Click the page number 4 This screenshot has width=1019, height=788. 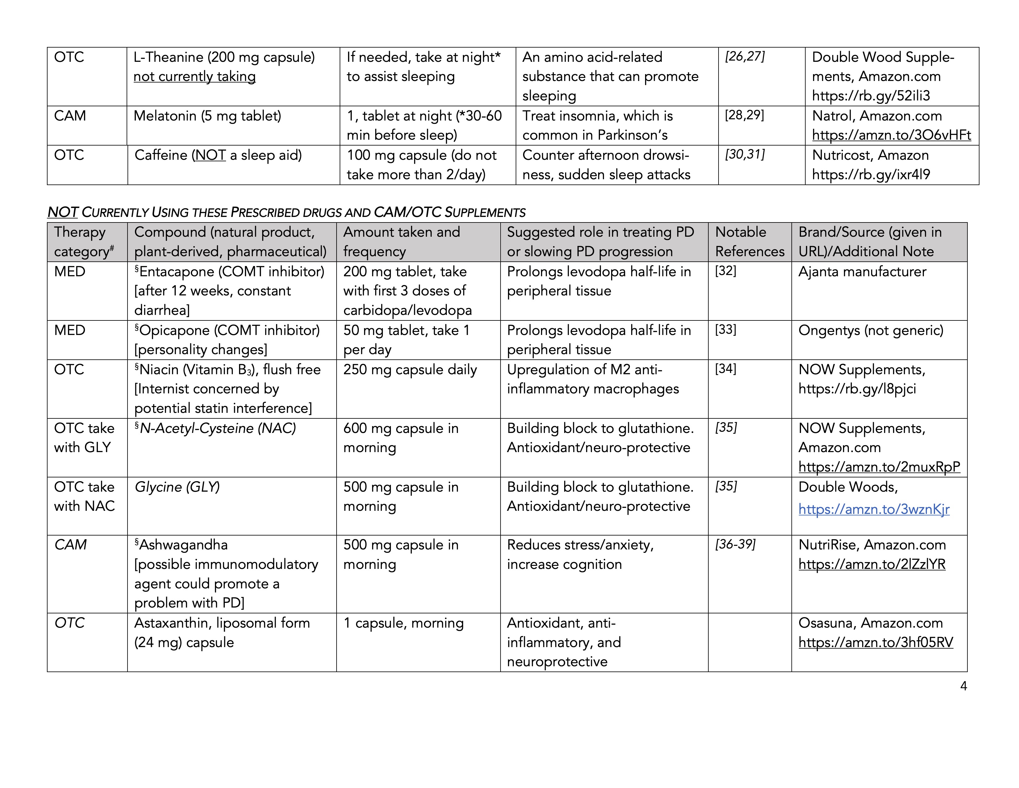point(963,686)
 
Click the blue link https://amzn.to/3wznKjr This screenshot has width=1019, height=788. point(874,509)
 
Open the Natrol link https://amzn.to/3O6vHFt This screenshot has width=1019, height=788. point(891,135)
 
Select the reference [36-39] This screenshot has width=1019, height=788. point(735,544)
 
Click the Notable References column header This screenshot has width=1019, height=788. point(749,242)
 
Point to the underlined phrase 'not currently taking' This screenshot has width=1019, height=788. point(195,77)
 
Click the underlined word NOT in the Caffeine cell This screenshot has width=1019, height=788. point(210,155)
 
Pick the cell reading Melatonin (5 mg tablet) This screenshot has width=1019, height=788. point(207,116)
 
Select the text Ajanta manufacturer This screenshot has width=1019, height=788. point(862,272)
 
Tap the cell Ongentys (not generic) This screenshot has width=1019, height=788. point(871,331)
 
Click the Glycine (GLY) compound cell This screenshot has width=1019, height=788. point(177,487)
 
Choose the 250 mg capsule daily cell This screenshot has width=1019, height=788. point(410,370)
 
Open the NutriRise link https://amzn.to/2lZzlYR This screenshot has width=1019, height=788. point(872,564)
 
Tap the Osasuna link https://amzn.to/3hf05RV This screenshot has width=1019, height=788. point(875,642)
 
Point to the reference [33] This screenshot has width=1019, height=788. point(726,330)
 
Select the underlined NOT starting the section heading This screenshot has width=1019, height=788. point(62,212)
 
